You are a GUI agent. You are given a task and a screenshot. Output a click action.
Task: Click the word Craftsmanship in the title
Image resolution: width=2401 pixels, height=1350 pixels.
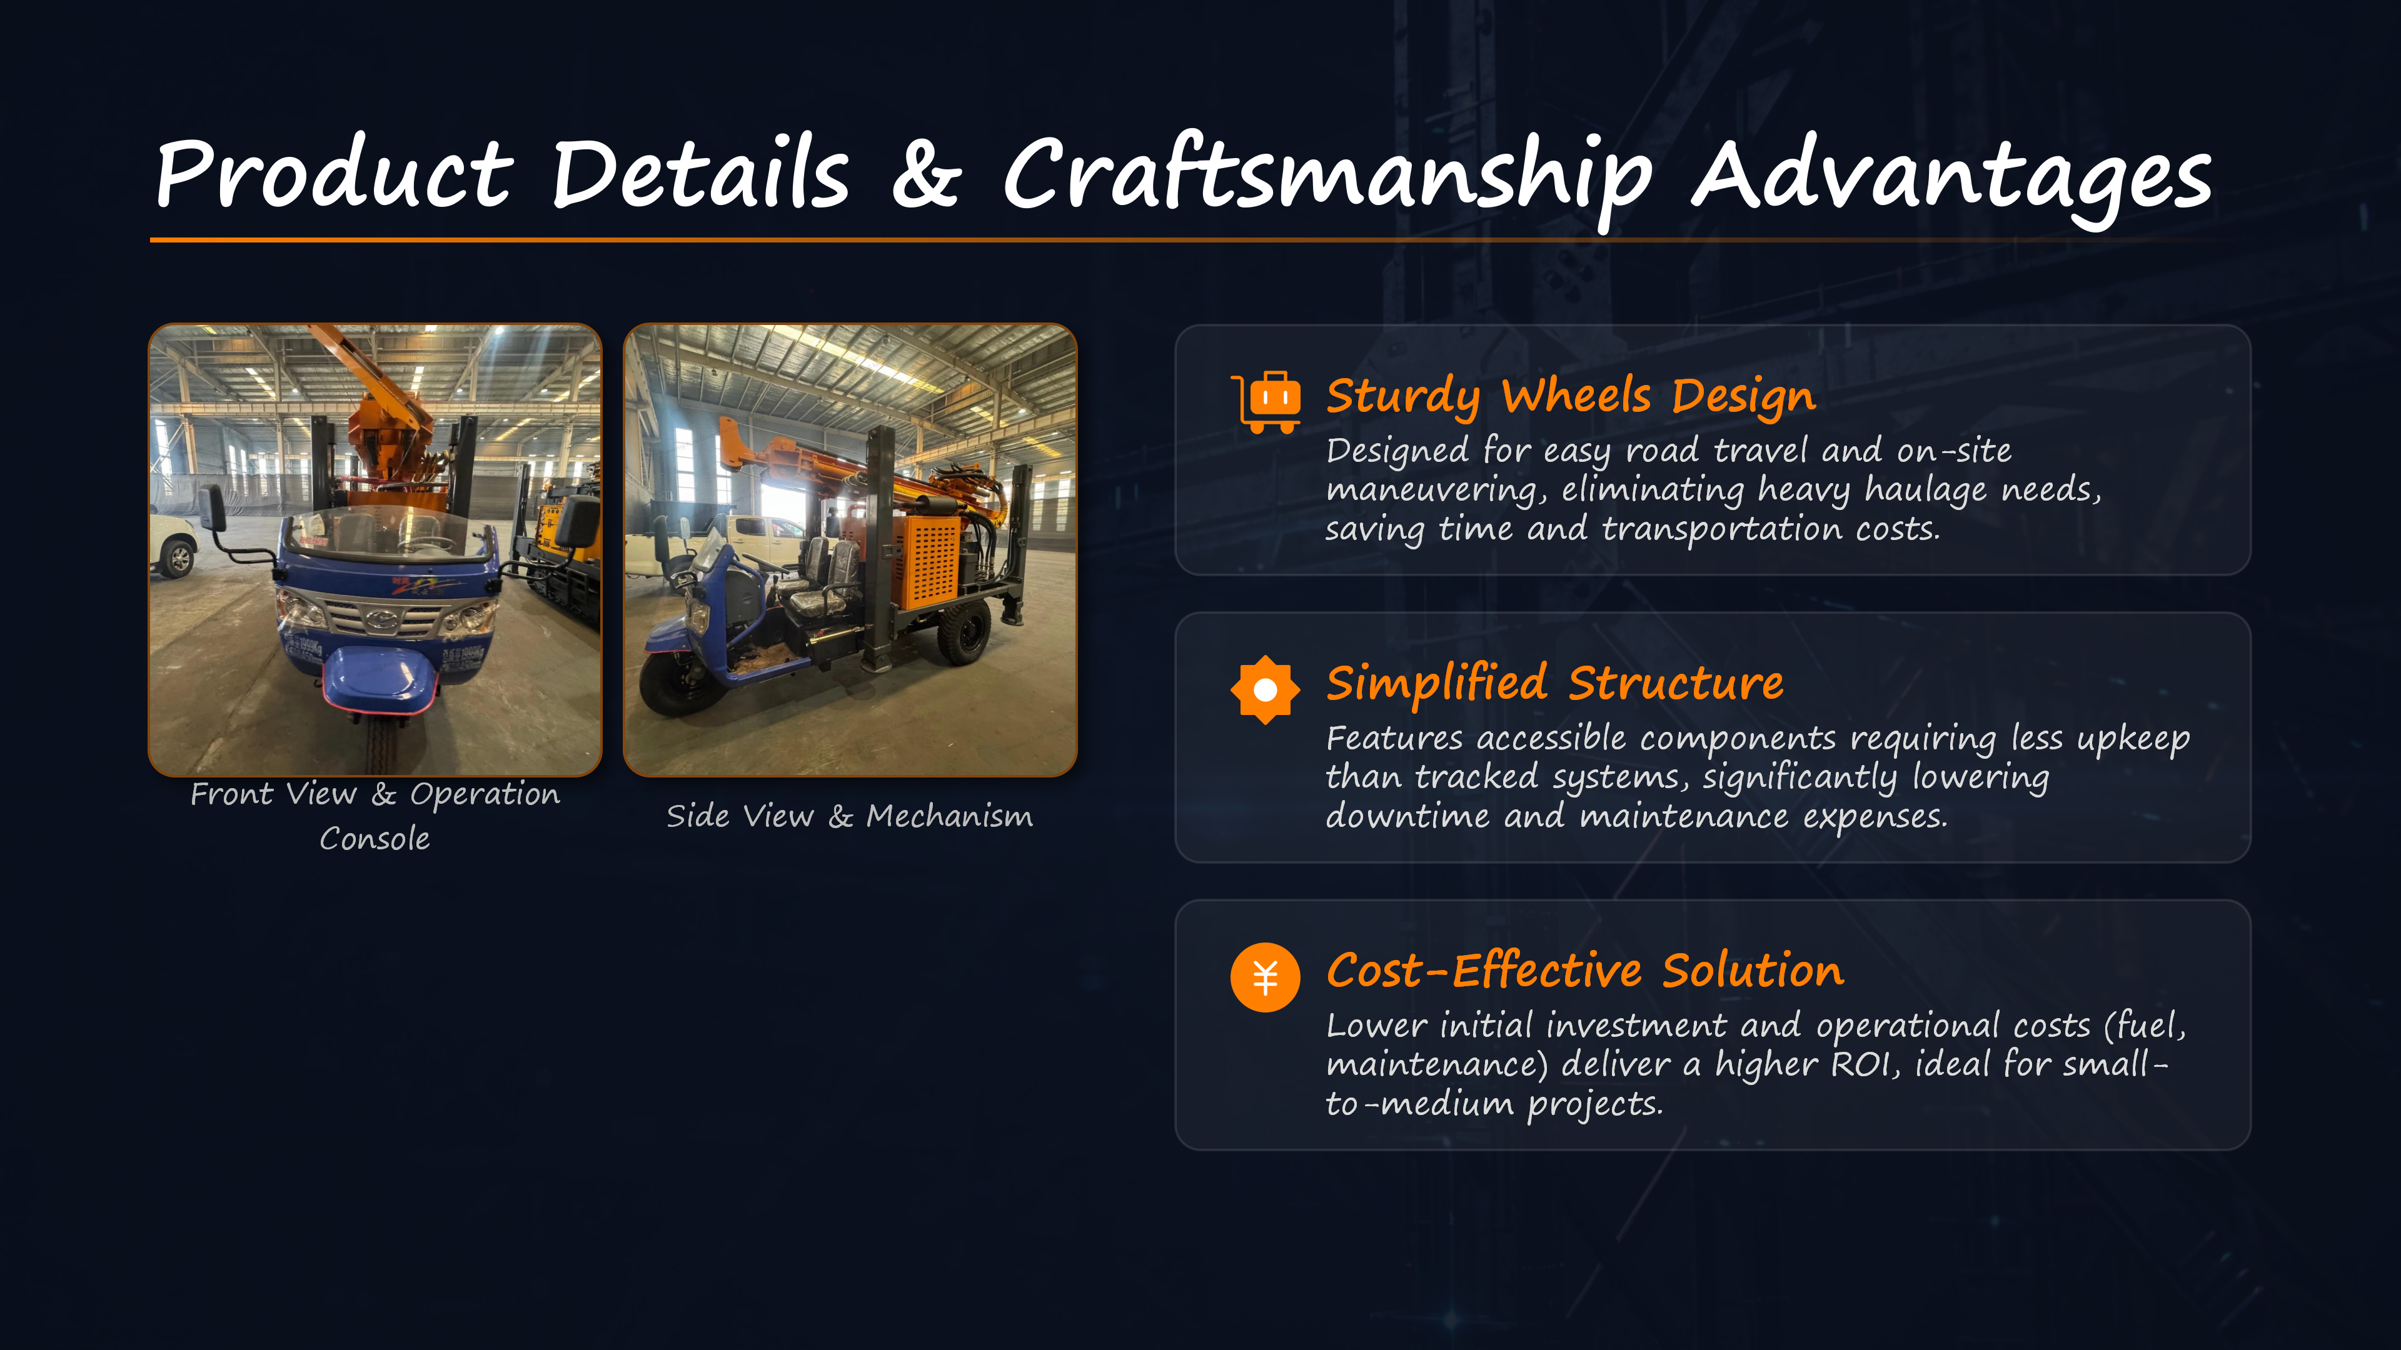pos(1327,177)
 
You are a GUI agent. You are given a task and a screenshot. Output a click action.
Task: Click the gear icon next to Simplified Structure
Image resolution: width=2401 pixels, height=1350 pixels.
pos(1265,689)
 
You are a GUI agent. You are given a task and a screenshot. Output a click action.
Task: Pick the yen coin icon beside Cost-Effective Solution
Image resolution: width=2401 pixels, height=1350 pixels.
pos(1265,977)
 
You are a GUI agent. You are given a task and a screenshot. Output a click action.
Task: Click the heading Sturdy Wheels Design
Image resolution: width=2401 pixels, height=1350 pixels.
pos(1571,397)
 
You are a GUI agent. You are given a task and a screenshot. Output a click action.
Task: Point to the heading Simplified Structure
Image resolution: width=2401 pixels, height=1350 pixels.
pos(1554,683)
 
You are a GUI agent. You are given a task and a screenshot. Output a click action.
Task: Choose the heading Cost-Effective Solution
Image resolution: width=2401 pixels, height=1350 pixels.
pos(1584,971)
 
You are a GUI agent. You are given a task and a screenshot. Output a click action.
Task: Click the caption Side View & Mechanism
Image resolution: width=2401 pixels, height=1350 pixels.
pos(849,816)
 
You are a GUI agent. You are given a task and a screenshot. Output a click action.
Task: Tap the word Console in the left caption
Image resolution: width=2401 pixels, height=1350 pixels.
pos(375,839)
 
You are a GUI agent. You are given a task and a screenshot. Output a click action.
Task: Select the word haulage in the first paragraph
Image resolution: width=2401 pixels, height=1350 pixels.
pos(1925,490)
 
